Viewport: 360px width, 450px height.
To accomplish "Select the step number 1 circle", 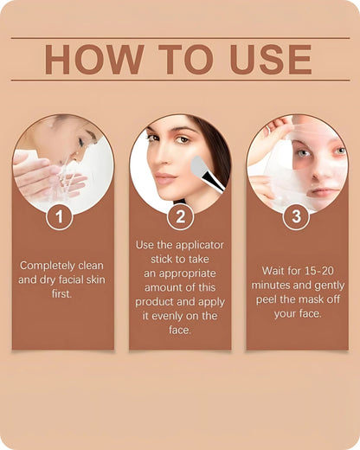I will [59, 216].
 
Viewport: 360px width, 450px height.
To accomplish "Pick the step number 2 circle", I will [179, 216].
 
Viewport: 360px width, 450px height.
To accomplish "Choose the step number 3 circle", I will [296, 216].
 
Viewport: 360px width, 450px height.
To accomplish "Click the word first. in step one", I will [59, 293].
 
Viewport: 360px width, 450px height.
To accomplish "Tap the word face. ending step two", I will [179, 331].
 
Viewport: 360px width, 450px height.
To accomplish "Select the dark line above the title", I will [179, 38].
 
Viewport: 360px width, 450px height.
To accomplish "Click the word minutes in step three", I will [273, 285].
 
